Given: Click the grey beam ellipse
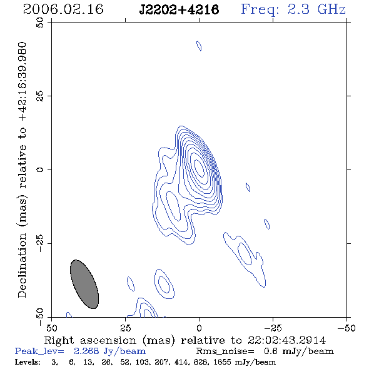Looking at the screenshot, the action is tap(84, 284).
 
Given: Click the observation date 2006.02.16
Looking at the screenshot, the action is tap(63, 9).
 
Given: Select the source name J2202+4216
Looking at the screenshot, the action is tap(179, 9).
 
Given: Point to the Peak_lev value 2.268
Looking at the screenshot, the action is tap(86, 351).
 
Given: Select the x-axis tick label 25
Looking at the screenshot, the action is tap(126, 328).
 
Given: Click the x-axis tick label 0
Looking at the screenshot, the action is tap(199, 328).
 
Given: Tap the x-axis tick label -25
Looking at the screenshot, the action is tap(273, 328).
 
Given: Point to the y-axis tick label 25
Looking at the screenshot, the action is tap(40, 96).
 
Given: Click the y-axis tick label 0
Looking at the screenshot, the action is tap(40, 169).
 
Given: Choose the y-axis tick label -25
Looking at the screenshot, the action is tap(40, 243).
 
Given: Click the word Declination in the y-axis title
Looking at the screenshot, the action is tap(22, 265).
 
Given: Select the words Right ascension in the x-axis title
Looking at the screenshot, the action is tap(90, 340).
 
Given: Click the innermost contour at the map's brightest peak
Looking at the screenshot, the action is tap(200, 168).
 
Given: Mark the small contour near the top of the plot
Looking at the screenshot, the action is tap(199, 46).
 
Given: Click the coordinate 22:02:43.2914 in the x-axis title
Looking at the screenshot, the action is tap(286, 340).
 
